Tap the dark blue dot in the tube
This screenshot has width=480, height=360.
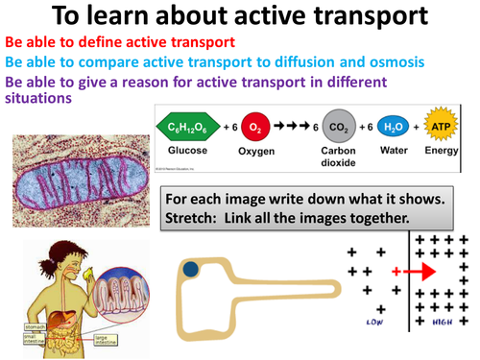click(192, 270)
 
